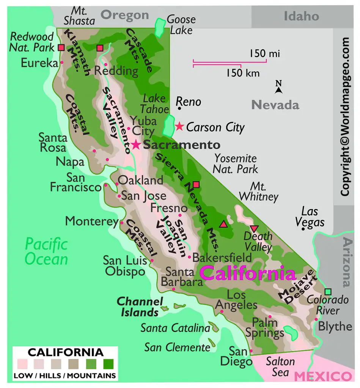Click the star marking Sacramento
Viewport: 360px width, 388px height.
click(x=136, y=145)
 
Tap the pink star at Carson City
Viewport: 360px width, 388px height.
click(x=179, y=126)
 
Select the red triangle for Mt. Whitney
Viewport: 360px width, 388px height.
click(x=224, y=224)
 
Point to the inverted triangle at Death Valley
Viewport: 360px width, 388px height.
click(x=254, y=228)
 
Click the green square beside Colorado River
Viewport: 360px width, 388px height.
click(x=328, y=291)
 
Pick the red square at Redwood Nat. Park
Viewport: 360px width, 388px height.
click(x=61, y=48)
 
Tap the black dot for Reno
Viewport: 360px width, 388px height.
click(x=179, y=108)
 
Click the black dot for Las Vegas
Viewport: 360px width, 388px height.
click(x=303, y=229)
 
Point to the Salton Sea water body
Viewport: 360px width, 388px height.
click(x=291, y=333)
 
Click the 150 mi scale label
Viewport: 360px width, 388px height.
click(x=264, y=54)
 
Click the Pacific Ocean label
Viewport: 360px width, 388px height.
click(x=46, y=252)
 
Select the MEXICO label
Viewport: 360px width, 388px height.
click(x=322, y=376)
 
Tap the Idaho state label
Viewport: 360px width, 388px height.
click(x=302, y=16)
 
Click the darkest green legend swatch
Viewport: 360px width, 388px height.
click(x=108, y=364)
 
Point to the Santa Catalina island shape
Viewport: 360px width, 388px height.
click(x=215, y=327)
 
